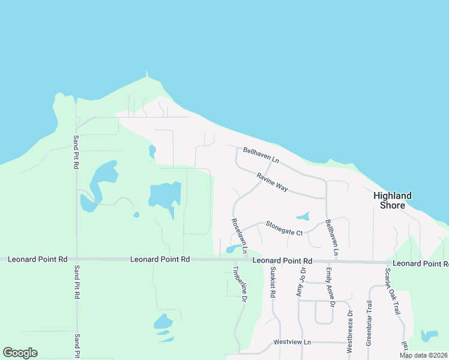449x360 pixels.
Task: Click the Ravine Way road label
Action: (273, 182)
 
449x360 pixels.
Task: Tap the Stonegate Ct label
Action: (285, 228)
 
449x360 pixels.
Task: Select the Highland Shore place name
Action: (393, 200)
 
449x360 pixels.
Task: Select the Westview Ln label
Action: (292, 342)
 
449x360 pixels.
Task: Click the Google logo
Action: (20, 353)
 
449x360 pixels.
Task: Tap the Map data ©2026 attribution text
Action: (423, 355)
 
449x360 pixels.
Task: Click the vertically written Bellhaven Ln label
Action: (331, 238)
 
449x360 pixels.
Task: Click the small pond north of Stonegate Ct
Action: (303, 216)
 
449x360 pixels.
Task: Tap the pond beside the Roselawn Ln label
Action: (233, 248)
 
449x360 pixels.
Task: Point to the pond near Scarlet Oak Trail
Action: (430, 336)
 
